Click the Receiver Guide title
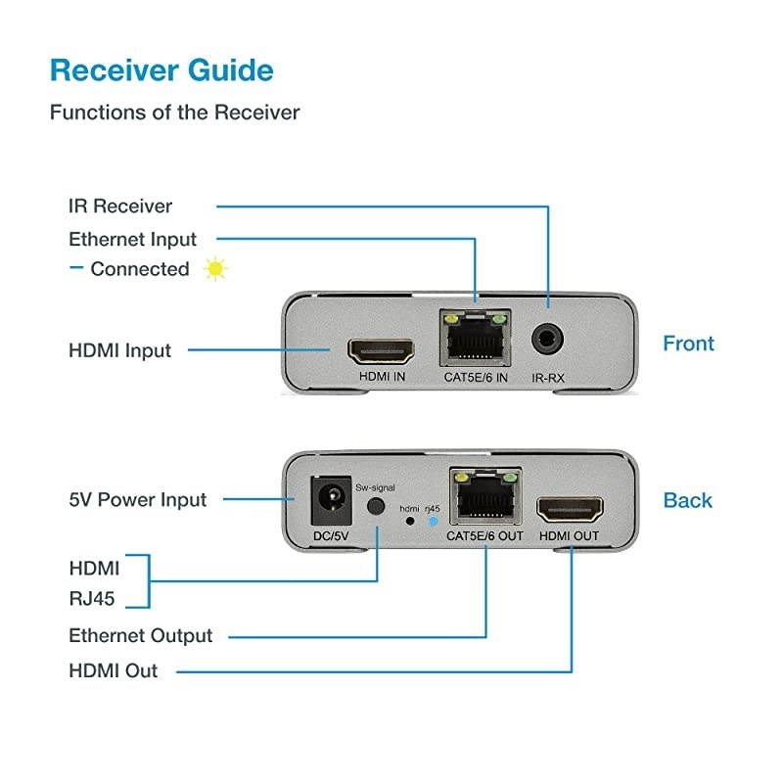(x=161, y=70)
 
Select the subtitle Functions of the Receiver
(x=174, y=113)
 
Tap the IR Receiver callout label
(x=120, y=207)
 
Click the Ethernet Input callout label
(x=132, y=240)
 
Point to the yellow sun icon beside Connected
(x=215, y=269)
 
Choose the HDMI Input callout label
(x=119, y=350)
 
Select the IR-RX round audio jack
(x=548, y=343)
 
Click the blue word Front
(x=688, y=344)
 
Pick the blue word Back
(x=688, y=500)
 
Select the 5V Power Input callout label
(x=137, y=500)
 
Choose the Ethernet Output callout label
(x=140, y=636)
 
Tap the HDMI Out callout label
(x=113, y=671)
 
